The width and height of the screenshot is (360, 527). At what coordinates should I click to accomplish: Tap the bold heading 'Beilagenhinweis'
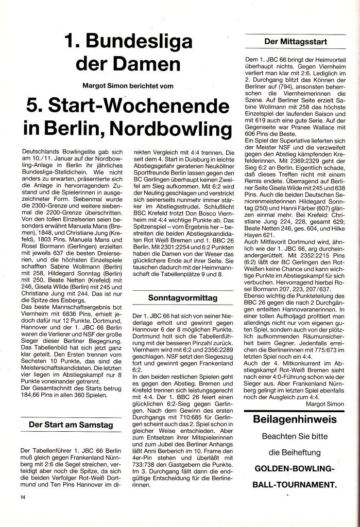click(295, 419)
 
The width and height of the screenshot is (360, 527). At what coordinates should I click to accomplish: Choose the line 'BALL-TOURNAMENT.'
click(295, 485)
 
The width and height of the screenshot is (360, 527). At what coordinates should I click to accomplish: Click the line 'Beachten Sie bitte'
click(295, 436)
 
